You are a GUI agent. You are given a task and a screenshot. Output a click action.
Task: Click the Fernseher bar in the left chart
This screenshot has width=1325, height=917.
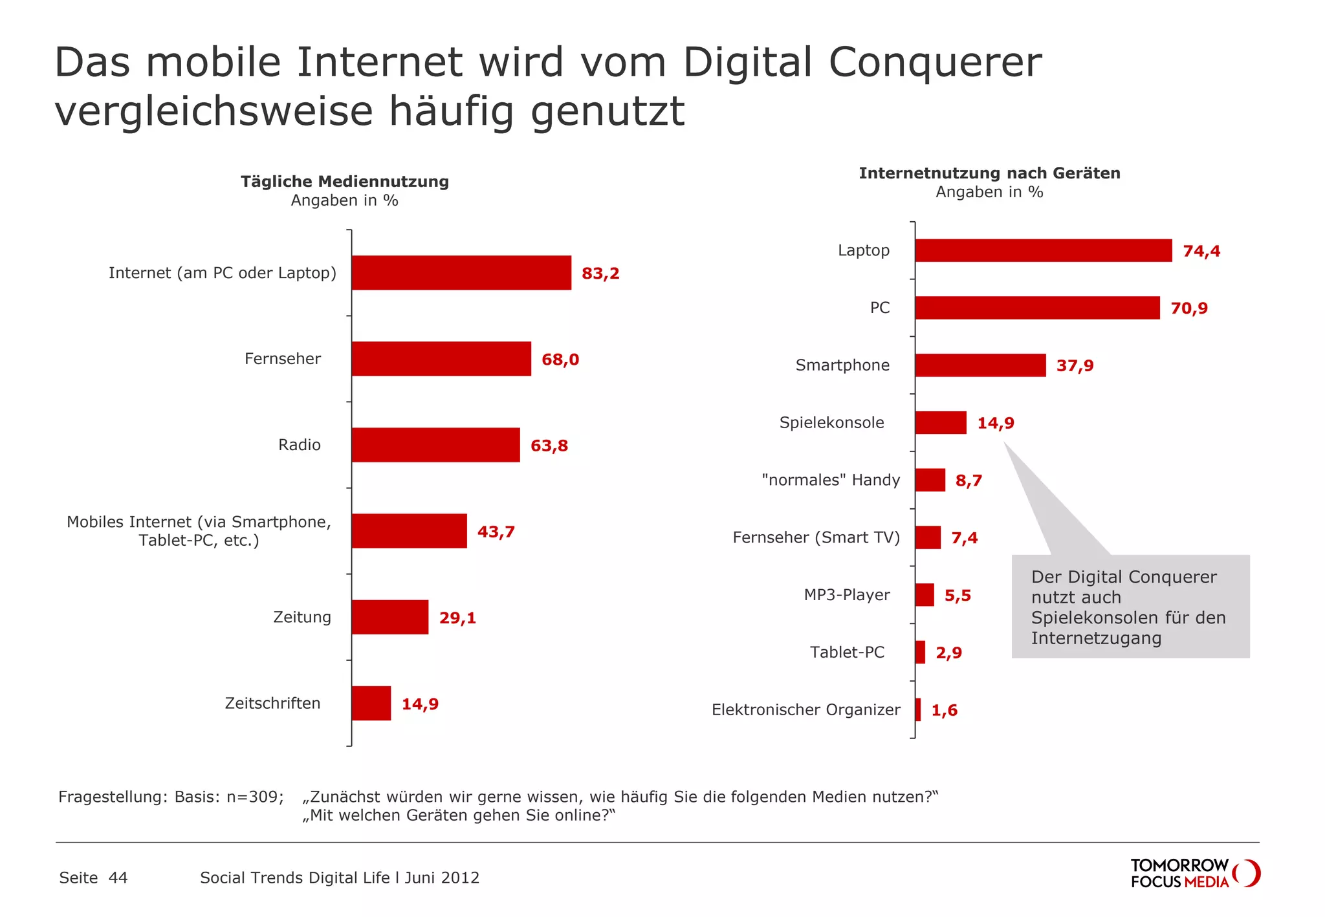click(x=441, y=359)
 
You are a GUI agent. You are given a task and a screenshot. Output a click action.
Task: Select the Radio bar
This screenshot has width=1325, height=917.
click(x=435, y=445)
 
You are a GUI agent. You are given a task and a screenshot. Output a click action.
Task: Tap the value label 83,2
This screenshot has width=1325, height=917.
click(x=600, y=274)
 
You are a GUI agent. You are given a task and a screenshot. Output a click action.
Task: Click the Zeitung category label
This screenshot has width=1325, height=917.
click(x=301, y=617)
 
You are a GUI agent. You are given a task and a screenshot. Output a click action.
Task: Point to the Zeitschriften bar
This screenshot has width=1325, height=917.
click(x=371, y=703)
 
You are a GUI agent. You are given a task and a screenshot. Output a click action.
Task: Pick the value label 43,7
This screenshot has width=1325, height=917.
click(x=496, y=532)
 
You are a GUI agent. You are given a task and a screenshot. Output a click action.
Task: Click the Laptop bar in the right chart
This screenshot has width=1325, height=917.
click(x=1043, y=251)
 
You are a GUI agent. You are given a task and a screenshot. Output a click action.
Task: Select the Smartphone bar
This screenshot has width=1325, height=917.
click(x=980, y=365)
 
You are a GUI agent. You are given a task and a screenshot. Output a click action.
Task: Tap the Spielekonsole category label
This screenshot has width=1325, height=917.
click(x=831, y=423)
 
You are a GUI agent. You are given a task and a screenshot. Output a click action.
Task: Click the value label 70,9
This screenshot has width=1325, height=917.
click(x=1188, y=308)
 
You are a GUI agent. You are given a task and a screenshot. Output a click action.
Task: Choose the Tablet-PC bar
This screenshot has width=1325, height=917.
click(x=920, y=653)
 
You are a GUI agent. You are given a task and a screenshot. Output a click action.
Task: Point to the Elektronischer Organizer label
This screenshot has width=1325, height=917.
click(x=805, y=710)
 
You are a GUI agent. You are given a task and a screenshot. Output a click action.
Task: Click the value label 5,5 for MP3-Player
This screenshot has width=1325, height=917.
click(x=957, y=596)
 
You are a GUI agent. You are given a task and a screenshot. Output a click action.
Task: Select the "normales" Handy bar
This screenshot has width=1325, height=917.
click(x=930, y=480)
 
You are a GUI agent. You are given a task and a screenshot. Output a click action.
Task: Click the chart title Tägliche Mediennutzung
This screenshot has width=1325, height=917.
click(x=345, y=182)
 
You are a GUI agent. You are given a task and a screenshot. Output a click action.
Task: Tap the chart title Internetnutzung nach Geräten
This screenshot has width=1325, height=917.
click(x=989, y=173)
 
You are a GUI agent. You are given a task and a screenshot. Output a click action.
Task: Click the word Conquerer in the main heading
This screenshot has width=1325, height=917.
click(x=935, y=63)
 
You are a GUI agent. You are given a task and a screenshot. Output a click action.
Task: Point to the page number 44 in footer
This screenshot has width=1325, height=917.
click(x=118, y=878)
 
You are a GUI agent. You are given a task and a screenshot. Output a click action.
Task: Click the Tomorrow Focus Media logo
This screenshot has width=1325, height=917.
click(x=1194, y=873)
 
